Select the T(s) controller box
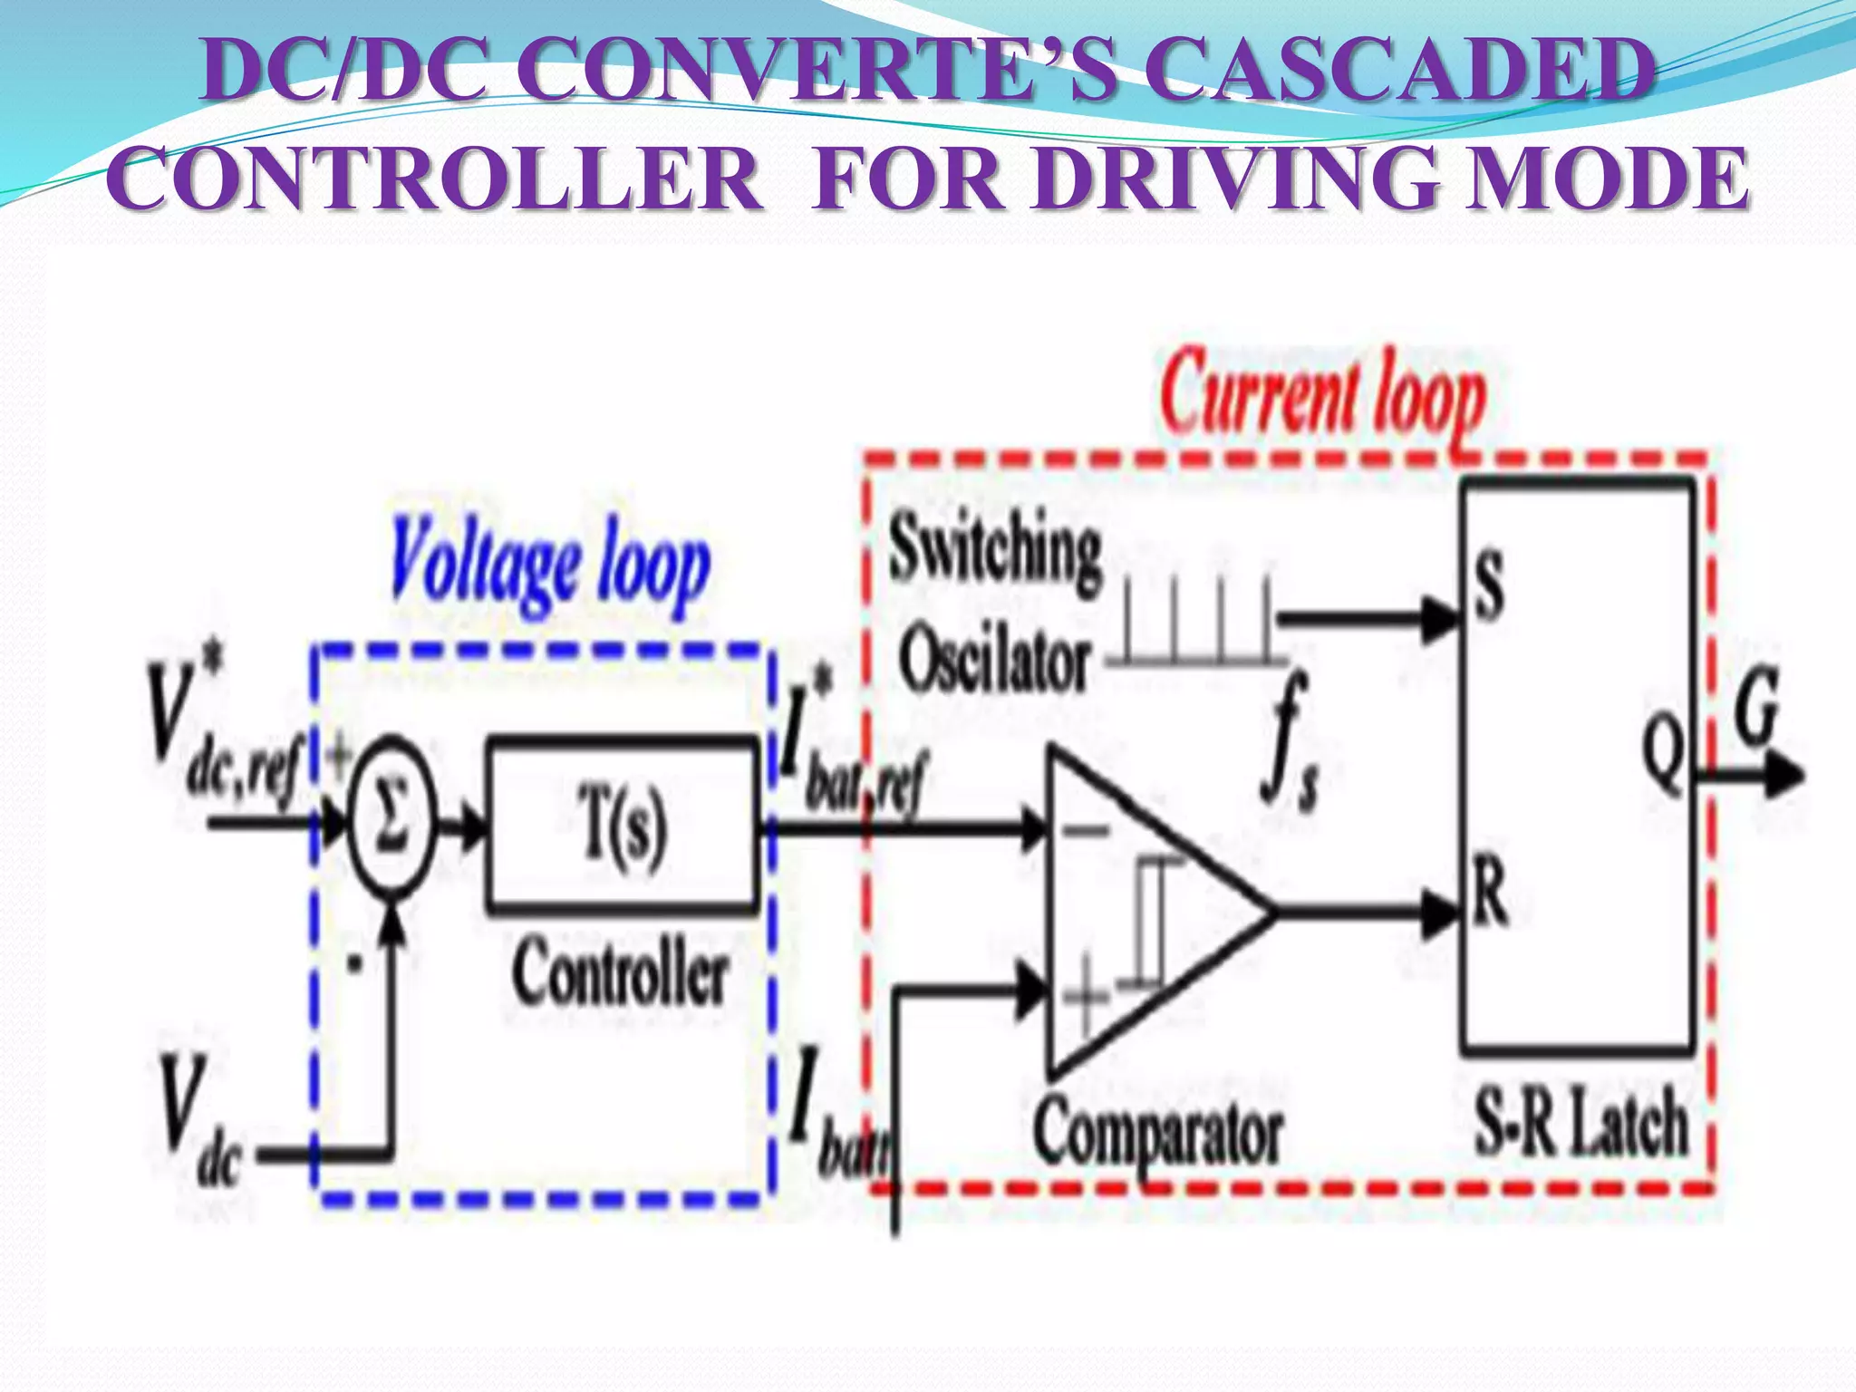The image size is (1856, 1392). pos(623,826)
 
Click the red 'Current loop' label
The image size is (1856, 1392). pos(1324,400)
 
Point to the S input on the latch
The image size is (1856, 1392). pos(1487,586)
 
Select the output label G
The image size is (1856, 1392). pos(1755,706)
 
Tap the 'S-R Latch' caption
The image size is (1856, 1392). pos(1581,1125)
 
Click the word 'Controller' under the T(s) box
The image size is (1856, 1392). pos(620,974)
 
